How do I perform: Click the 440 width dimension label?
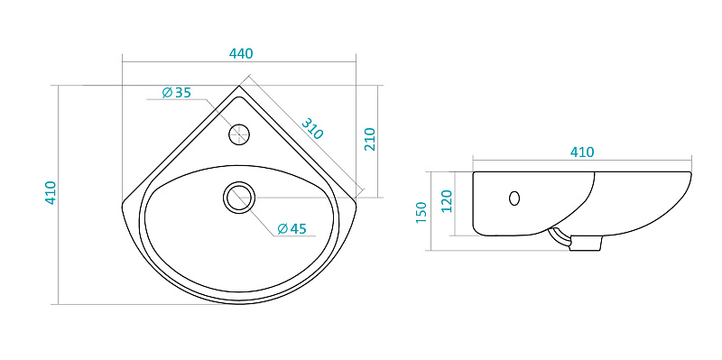pos(241,53)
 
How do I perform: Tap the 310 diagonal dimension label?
pos(312,128)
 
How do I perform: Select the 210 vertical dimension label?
pos(370,139)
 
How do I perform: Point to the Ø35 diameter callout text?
pos(176,93)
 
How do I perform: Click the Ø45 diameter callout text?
pos(292,228)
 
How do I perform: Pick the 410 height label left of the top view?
pos(51,193)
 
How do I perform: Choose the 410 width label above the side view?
pos(582,152)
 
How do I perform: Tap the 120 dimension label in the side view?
pos(447,200)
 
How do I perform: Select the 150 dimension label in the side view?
pos(421,213)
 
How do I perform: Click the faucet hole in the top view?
pos(239,134)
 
